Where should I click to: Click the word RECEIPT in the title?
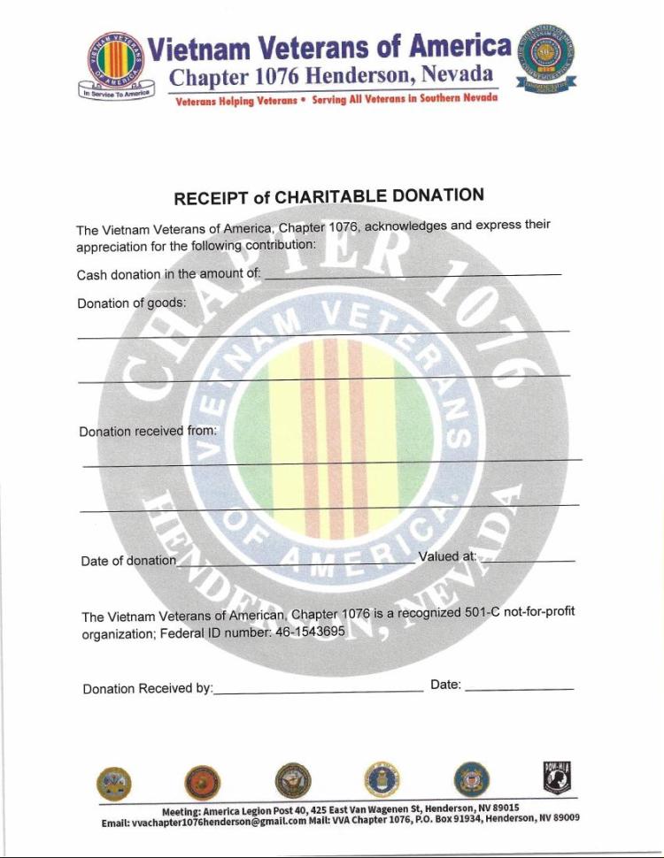coord(212,198)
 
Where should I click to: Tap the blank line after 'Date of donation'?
coord(296,561)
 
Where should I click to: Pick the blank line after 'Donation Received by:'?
coord(318,688)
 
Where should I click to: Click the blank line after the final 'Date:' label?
coord(519,686)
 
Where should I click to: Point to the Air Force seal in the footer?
coord(380,779)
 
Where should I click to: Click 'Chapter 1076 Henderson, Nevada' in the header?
coord(331,77)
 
